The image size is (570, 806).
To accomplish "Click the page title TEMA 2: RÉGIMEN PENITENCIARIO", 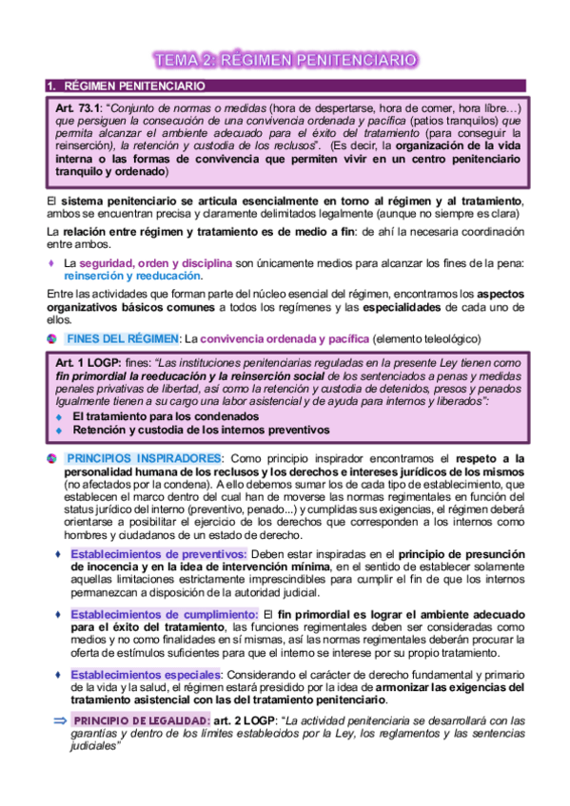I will click(285, 60).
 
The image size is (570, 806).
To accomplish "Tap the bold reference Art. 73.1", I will click(83, 107).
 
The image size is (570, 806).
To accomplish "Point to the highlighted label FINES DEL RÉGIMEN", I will click(123, 339).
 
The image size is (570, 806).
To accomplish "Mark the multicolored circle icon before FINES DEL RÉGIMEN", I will click(53, 339).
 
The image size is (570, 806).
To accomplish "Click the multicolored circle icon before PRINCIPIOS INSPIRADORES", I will click(53, 458).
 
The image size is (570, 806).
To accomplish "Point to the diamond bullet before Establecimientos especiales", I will click(57, 674).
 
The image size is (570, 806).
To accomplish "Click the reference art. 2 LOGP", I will click(246, 721).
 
